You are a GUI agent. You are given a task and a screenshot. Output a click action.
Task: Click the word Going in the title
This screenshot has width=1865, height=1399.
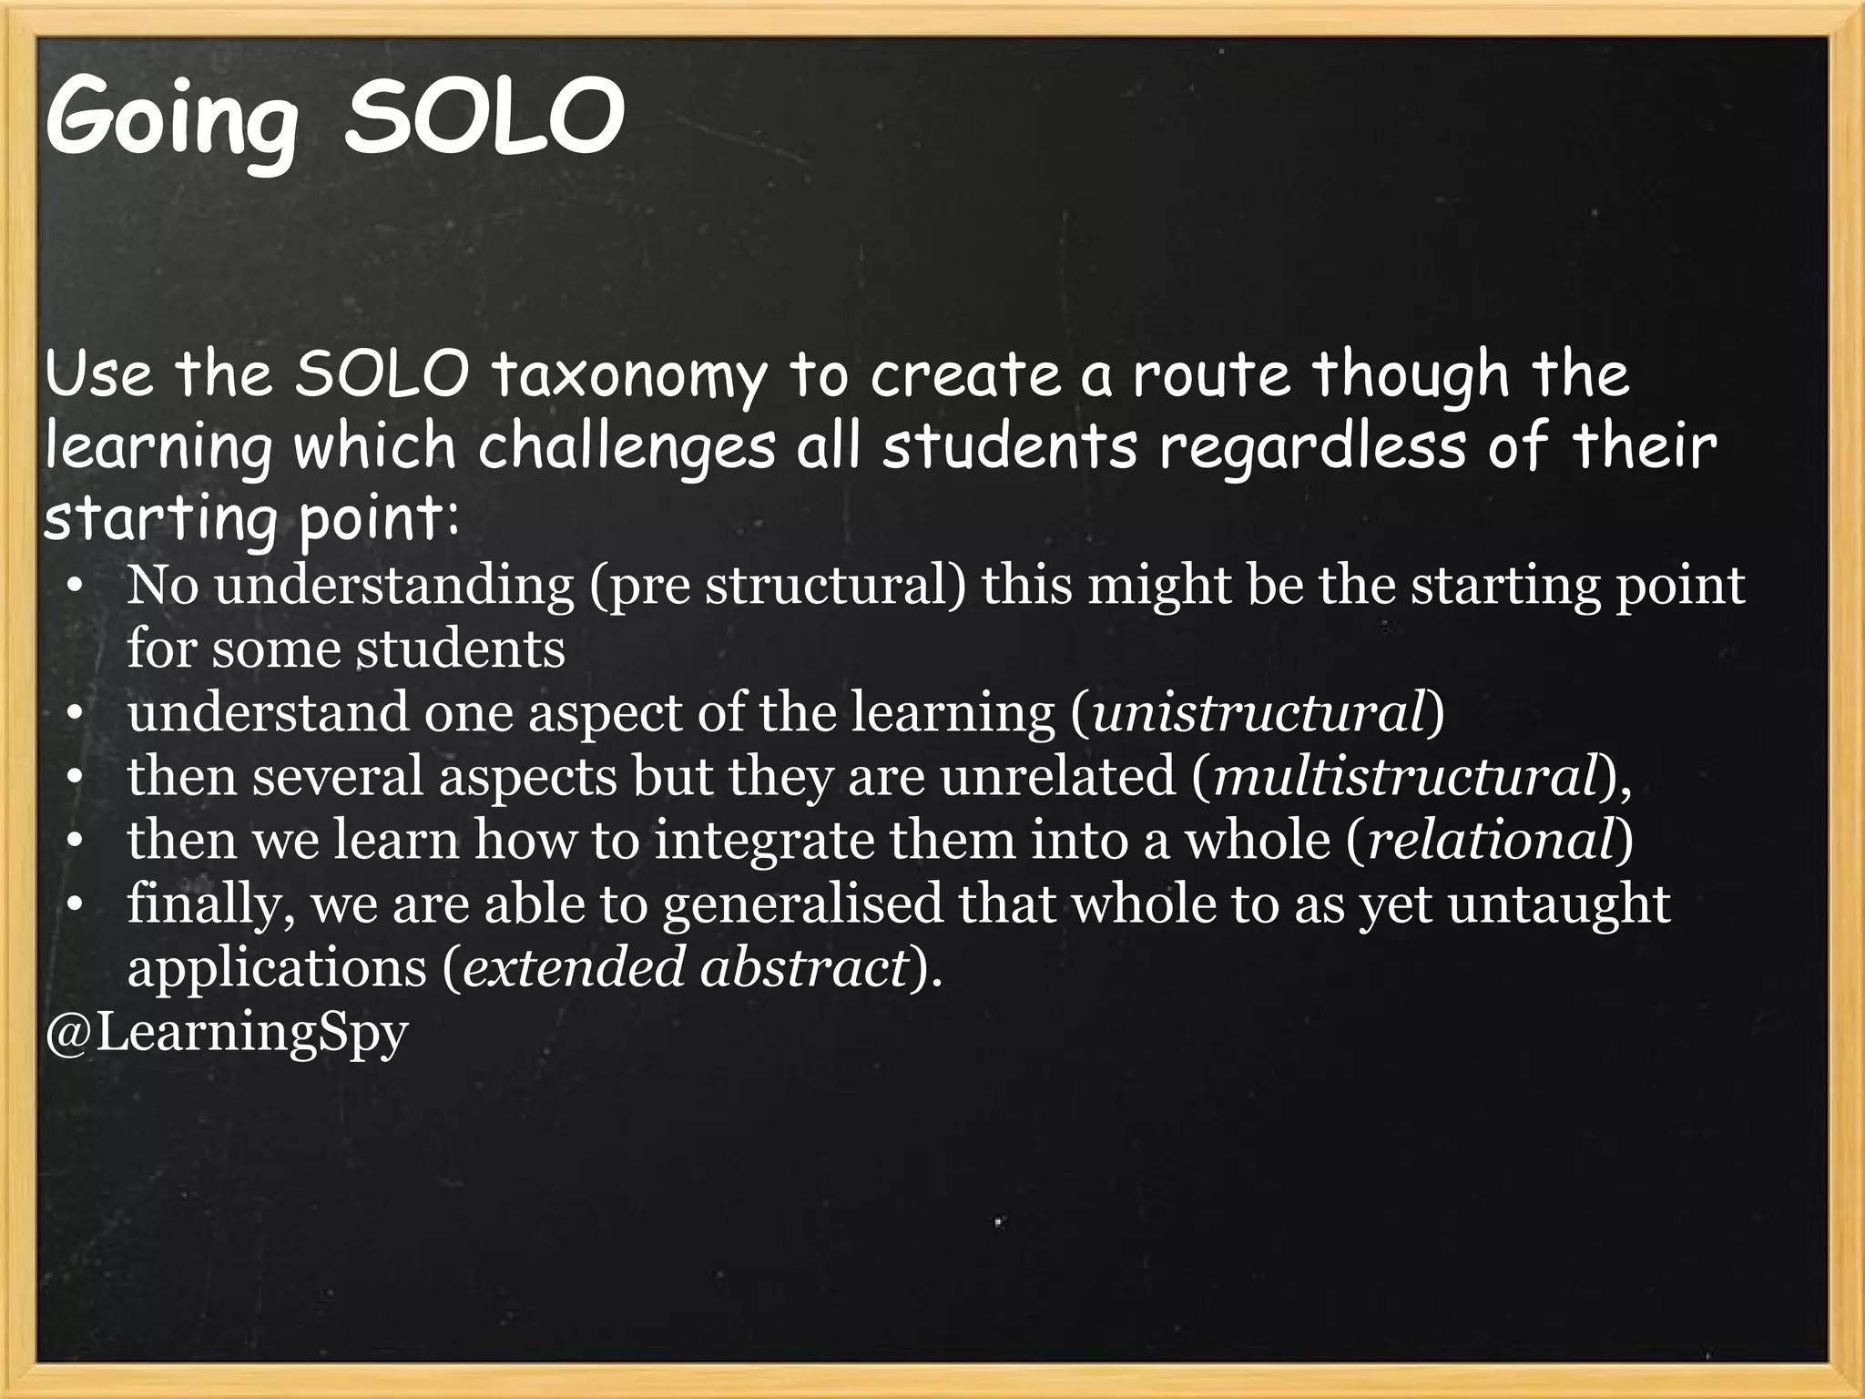(x=171, y=118)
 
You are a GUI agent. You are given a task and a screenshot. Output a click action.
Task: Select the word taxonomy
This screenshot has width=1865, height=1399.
(x=628, y=375)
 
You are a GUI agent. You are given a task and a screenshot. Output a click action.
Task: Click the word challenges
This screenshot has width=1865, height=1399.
(x=627, y=447)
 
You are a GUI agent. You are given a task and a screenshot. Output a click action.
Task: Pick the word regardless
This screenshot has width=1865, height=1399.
(x=1311, y=447)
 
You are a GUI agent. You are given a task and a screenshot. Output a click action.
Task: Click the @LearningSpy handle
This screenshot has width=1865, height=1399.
(x=227, y=1032)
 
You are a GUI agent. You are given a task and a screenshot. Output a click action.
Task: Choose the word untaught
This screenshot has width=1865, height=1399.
(x=1559, y=904)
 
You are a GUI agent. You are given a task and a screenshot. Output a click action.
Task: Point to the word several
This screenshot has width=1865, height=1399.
(x=338, y=776)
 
